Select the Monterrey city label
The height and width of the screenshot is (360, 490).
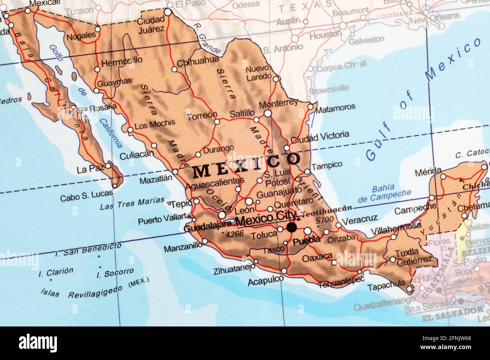coord(279,103)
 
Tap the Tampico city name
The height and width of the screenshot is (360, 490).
coord(327,164)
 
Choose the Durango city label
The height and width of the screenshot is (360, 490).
coord(218,149)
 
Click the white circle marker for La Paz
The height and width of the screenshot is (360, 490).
coord(108,165)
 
